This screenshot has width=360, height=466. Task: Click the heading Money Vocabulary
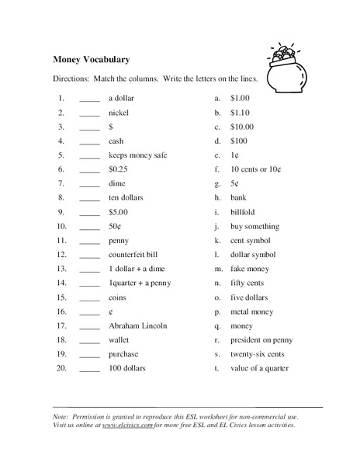(x=91, y=59)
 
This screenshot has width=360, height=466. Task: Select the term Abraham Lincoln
(x=137, y=325)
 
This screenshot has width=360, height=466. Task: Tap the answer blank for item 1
(x=90, y=99)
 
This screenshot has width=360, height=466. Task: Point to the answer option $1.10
(x=241, y=113)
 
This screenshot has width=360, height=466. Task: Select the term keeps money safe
(x=137, y=155)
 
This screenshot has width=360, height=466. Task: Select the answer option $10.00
(x=242, y=127)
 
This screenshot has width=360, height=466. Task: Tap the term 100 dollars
(x=127, y=368)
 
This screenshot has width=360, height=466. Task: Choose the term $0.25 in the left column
(x=119, y=169)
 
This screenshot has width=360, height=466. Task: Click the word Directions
(x=71, y=79)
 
